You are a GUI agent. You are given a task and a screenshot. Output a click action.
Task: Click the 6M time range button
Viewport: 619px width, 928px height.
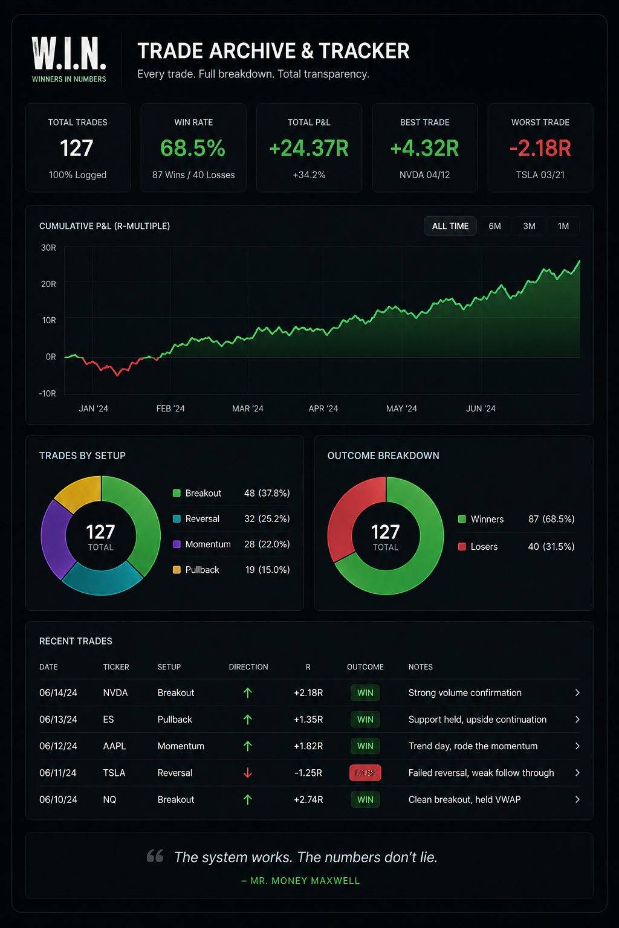pos(494,226)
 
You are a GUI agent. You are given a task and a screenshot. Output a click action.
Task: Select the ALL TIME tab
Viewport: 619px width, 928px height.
pos(450,226)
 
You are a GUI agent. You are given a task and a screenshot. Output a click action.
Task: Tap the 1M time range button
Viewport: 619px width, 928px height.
pos(563,226)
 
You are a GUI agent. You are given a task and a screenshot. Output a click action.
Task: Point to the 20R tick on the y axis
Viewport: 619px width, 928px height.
pos(48,284)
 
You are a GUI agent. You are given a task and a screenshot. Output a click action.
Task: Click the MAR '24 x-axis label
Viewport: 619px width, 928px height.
pos(247,408)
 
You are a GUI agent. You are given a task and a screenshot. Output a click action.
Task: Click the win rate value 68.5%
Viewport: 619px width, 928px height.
pos(193,148)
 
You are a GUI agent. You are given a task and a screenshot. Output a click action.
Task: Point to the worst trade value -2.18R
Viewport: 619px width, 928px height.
pos(540,148)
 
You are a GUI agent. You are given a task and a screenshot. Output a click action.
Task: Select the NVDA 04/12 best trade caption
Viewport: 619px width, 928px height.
pos(424,175)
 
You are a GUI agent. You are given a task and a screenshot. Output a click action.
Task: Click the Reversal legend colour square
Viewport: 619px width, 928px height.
pos(177,519)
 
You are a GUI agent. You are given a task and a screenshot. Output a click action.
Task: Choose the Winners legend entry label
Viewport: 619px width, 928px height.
pos(487,519)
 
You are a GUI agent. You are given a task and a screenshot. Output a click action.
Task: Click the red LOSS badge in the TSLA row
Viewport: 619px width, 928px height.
pos(365,773)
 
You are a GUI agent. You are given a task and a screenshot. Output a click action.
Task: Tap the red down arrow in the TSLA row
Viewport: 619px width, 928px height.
pos(247,773)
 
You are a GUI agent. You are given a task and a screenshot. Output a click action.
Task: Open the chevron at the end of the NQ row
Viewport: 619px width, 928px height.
pos(577,799)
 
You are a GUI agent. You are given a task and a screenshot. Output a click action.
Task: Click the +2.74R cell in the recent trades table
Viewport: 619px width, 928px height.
pos(308,799)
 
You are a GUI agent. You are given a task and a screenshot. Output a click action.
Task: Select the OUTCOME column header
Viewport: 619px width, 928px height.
pos(365,667)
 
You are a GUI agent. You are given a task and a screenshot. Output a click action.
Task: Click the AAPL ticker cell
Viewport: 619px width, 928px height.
pos(114,746)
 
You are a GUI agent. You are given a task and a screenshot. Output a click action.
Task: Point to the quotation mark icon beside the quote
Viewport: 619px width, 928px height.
pos(155,856)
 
